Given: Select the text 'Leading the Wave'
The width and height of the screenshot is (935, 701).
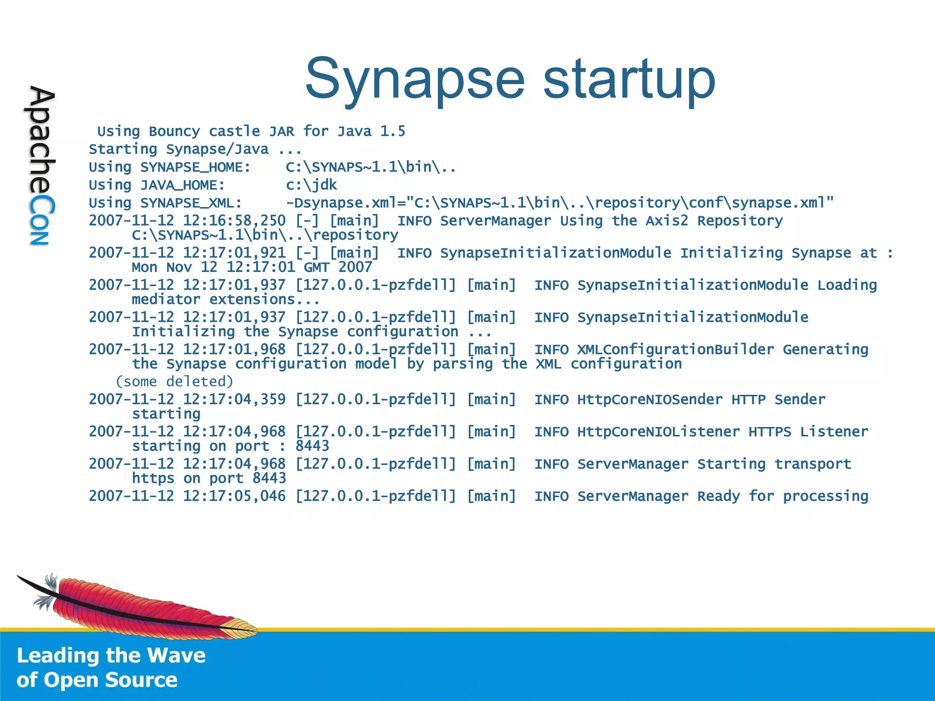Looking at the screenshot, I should coord(111,655).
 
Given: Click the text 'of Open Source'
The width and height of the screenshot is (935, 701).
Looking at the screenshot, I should coord(97,680).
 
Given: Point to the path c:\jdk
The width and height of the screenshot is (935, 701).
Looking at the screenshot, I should coord(311,185).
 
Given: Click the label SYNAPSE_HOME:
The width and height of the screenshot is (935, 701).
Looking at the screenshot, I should coord(195,167).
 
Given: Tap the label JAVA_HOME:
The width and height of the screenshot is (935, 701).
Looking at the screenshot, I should coord(183,185).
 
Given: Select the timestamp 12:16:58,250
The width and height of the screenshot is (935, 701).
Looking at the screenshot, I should coord(234,220).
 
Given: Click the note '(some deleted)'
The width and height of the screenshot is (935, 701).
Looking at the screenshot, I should coord(174,381).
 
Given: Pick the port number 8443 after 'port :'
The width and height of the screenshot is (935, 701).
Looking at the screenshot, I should coord(312,446).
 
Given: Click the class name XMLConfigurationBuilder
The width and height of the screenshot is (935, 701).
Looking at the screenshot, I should coord(676,350).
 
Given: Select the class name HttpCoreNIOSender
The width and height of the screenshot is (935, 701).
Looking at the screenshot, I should coord(650,399).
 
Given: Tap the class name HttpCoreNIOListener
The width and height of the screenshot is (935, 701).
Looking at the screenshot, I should coord(658,432).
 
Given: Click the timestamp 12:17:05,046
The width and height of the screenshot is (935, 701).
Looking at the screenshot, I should coord(234,496).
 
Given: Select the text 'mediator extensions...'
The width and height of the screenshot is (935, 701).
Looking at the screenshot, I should coord(226,299).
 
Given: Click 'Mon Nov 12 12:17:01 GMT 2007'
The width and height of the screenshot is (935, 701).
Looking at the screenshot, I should coord(252,267).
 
